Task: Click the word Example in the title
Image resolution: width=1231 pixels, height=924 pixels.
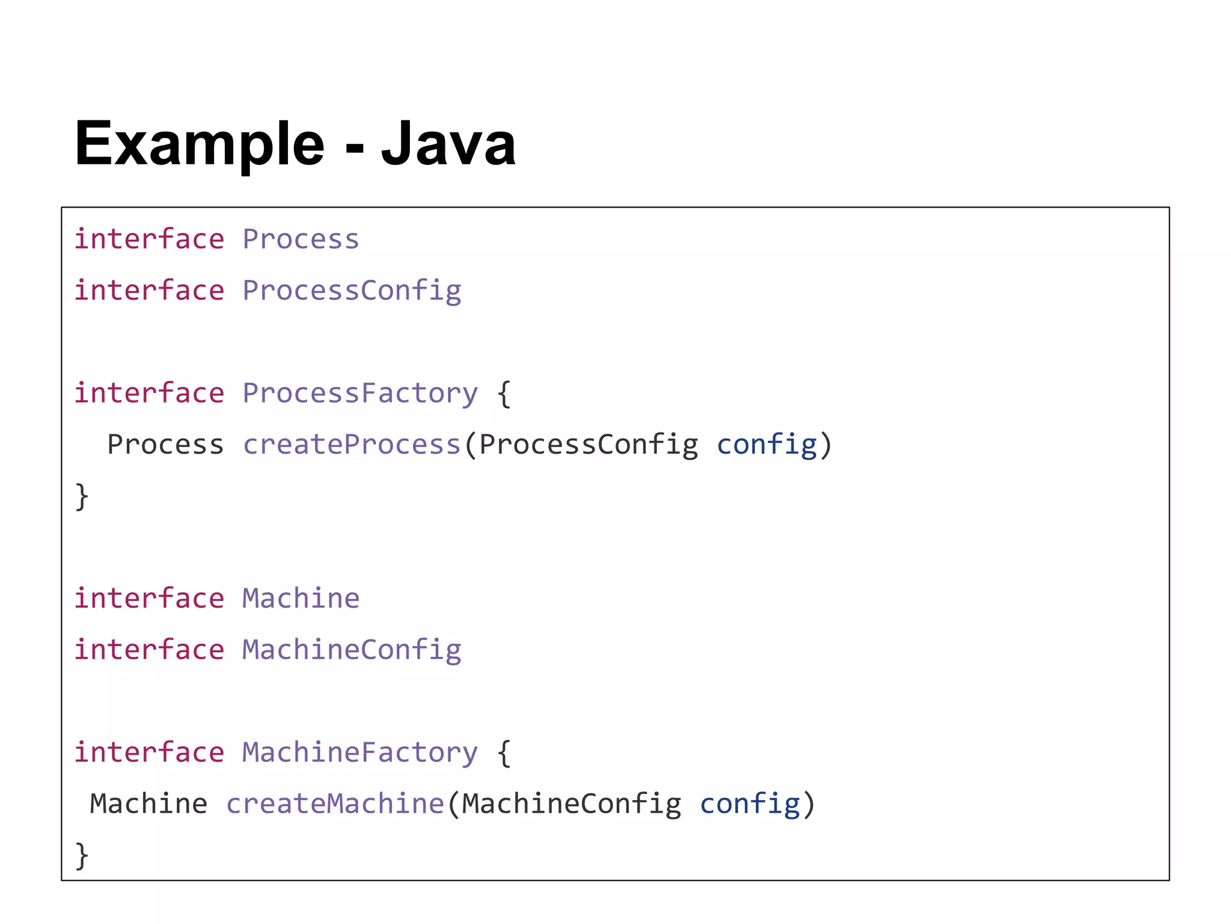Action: coord(199,144)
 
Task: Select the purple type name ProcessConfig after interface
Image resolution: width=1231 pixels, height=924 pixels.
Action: coord(352,291)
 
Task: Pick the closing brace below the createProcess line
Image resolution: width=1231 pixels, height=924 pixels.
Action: coord(82,497)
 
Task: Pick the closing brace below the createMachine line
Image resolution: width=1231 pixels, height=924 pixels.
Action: coord(82,856)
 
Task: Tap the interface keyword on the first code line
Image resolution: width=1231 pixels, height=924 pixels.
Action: coord(149,239)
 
